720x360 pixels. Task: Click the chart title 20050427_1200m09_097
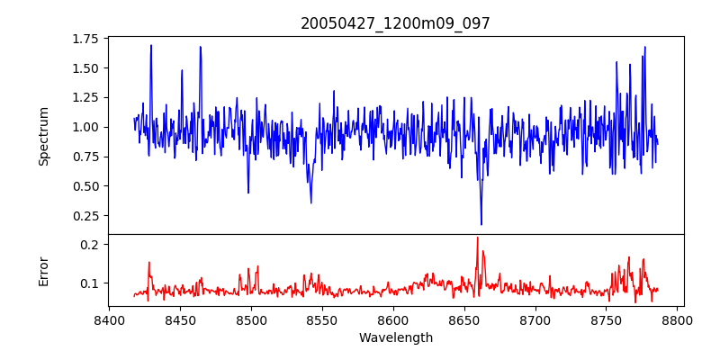coord(395,23)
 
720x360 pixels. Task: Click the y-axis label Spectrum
coord(44,136)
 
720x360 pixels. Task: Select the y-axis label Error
coord(44,271)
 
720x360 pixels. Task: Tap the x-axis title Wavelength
coord(395,338)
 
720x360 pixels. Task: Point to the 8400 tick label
coord(109,319)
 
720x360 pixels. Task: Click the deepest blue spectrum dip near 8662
coord(481,224)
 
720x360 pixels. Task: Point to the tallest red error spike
coord(478,238)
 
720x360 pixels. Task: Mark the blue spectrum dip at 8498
coord(248,193)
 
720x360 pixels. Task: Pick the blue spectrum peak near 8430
coord(151,45)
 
